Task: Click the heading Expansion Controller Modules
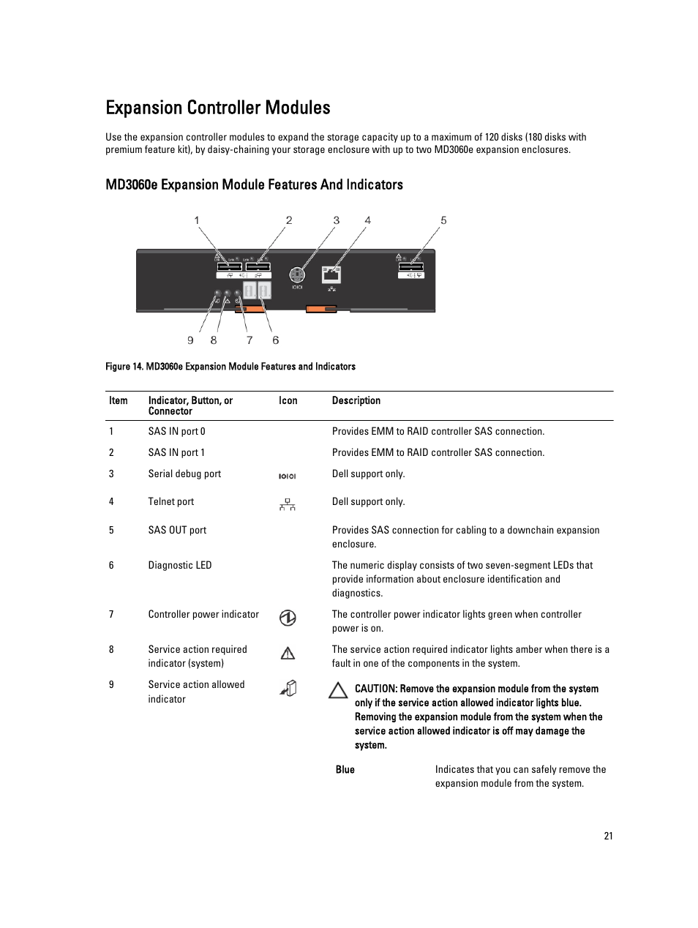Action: pos(217,108)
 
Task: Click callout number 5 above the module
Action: pos(443,220)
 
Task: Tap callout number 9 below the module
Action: pos(190,340)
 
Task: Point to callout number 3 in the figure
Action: pos(337,220)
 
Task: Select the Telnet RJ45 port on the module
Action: pos(331,275)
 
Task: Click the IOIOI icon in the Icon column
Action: pos(287,476)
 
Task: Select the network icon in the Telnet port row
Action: pos(288,504)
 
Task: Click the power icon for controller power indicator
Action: pos(288,618)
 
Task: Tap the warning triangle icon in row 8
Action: pos(288,653)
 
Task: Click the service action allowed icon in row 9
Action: pos(288,689)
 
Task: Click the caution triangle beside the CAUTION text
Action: pos(337,689)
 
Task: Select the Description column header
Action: pos(356,400)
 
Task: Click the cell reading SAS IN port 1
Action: pos(176,452)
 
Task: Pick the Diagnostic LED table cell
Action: pos(179,565)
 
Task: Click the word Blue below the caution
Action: pos(345,769)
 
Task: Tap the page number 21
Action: pos(608,837)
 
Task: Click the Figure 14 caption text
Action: pos(230,367)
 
